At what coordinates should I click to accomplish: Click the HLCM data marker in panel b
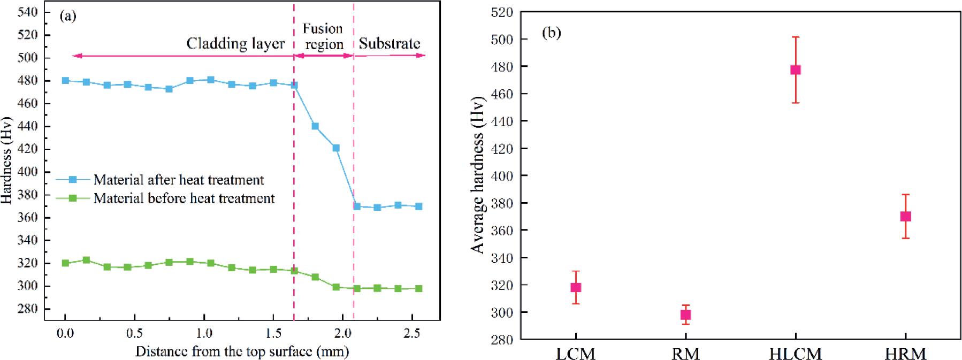tap(795, 70)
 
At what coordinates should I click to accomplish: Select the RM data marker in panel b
tap(685, 315)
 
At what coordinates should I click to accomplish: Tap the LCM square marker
tap(576, 287)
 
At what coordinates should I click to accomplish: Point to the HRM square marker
tap(905, 216)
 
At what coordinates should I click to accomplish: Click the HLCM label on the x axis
tap(795, 354)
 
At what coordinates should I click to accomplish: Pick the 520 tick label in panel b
tap(502, 12)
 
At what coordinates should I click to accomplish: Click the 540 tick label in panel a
tap(28, 12)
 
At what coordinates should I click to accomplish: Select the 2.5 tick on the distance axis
tap(411, 333)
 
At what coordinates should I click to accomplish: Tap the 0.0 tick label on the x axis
tap(65, 333)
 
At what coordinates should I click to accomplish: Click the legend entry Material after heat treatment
tap(178, 180)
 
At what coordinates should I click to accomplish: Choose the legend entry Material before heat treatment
tap(184, 198)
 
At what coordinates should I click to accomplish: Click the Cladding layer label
tap(235, 43)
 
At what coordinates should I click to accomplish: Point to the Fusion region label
tap(323, 36)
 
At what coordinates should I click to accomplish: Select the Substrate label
tap(389, 43)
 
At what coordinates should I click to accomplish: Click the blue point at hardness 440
tap(315, 126)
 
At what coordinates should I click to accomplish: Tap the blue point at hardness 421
tap(336, 148)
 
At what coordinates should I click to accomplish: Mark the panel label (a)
tap(68, 16)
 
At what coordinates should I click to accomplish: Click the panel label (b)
tap(551, 33)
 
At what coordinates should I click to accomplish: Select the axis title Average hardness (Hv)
tap(478, 174)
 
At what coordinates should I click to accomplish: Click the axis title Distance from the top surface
tap(242, 351)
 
